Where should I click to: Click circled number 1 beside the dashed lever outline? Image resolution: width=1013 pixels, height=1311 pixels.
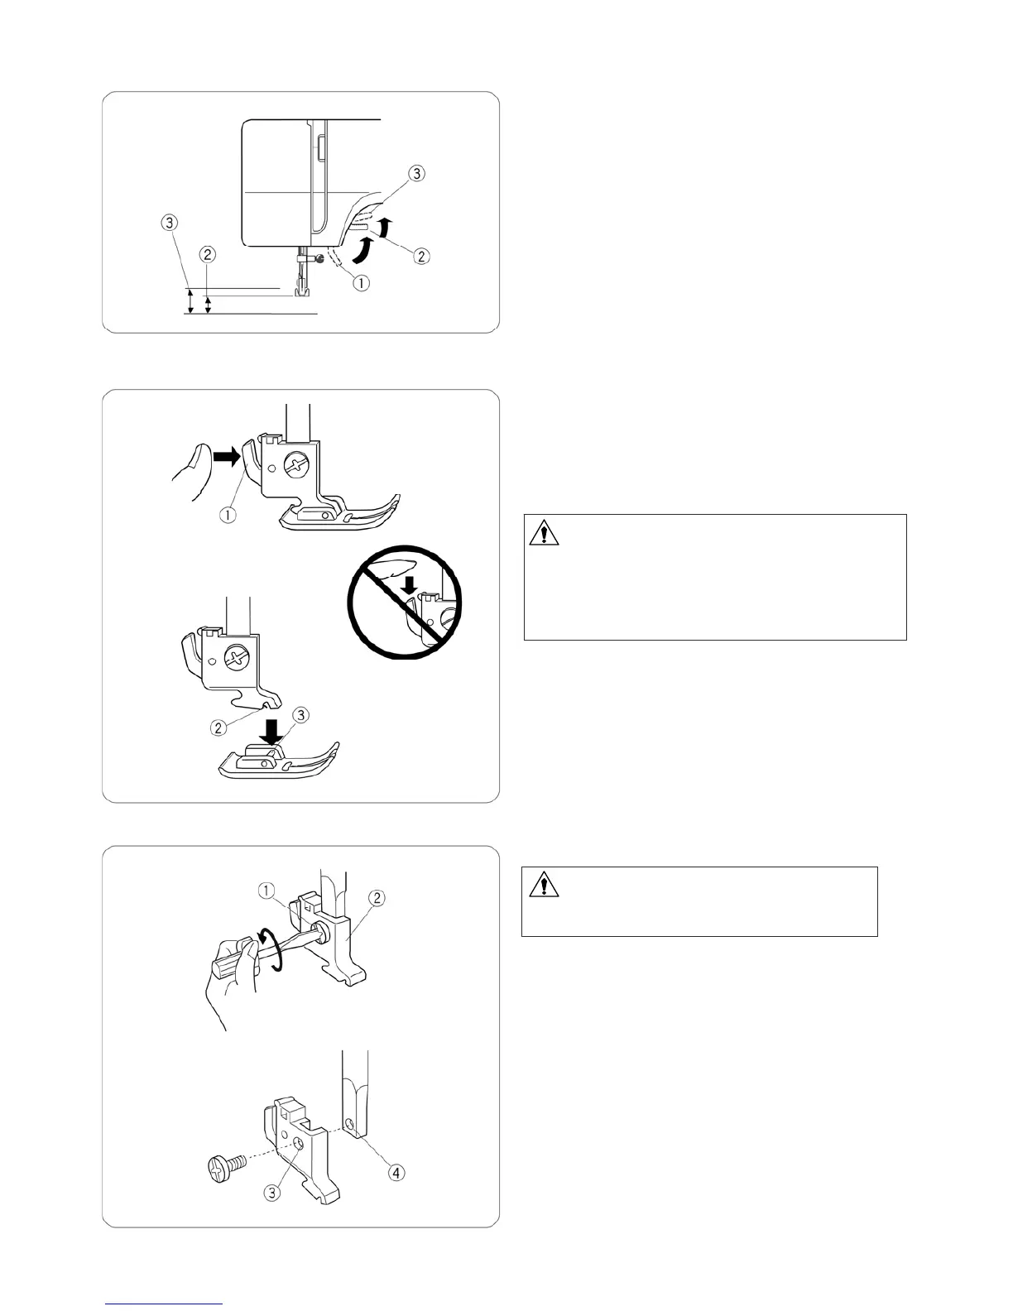point(361,282)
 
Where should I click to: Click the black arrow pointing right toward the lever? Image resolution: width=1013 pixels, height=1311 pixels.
point(224,454)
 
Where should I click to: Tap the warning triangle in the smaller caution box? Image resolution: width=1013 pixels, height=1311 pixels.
point(543,886)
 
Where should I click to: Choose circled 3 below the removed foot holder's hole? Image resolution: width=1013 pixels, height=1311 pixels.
point(273,1193)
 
